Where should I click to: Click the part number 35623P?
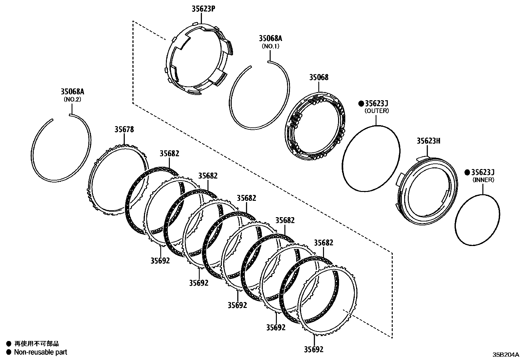(203, 9)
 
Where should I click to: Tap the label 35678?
(124, 129)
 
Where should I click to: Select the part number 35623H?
(428, 141)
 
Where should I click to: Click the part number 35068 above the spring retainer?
(319, 77)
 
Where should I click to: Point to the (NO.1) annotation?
(270, 46)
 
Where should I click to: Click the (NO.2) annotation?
(72, 99)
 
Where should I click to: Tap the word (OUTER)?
(377, 111)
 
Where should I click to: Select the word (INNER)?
(483, 180)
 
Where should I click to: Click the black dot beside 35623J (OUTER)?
(361, 104)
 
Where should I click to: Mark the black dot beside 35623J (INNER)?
(467, 172)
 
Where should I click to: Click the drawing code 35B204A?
(506, 354)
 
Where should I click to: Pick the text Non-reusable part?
(41, 352)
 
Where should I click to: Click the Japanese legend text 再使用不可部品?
(37, 344)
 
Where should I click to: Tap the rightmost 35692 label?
(314, 349)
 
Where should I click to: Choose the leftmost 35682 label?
(170, 153)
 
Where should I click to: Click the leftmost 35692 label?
(160, 260)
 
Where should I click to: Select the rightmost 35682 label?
(324, 243)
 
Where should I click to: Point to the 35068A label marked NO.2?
(72, 92)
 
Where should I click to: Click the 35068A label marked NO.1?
(270, 38)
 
